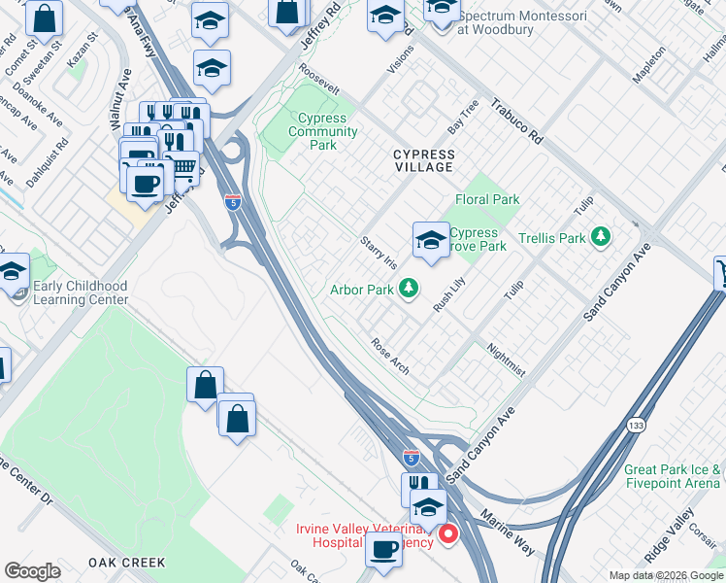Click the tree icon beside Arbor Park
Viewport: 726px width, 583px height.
coord(410,289)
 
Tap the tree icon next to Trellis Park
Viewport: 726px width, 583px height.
coord(602,237)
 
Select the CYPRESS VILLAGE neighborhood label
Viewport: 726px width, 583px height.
coord(423,160)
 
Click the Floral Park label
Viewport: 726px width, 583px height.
coord(487,199)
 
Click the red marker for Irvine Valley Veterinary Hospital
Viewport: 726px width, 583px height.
coord(447,534)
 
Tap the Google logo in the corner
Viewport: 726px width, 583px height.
coord(32,571)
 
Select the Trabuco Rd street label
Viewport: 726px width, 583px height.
coord(515,120)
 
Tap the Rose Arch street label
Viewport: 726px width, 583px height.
coord(389,357)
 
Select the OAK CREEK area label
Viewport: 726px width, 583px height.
coord(126,563)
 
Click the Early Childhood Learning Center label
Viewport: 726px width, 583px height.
coord(81,292)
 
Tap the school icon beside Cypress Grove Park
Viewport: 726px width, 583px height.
coord(430,240)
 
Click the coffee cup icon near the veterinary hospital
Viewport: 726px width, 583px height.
coord(383,549)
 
